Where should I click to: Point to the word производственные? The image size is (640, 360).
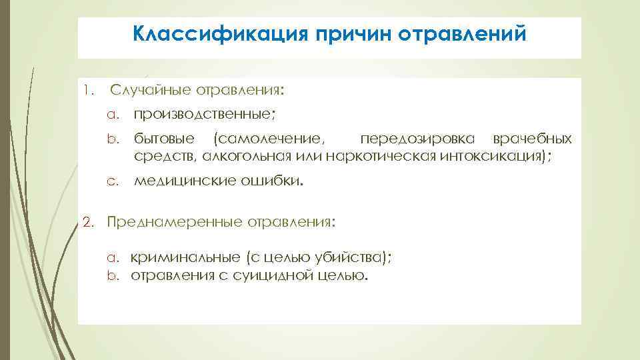click(203, 114)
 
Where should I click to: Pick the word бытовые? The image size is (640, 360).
click(164, 139)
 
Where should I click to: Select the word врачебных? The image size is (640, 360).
click(531, 139)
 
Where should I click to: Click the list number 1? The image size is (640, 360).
click(87, 89)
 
